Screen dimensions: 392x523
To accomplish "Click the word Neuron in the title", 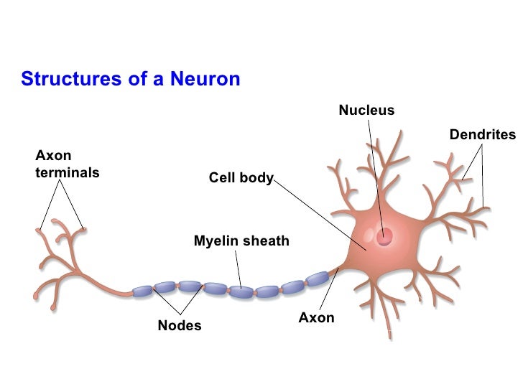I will click(x=204, y=79).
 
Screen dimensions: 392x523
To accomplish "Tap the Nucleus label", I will click(x=366, y=111).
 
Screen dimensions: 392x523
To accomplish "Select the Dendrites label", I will click(x=482, y=134).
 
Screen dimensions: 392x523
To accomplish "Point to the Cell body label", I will click(x=241, y=177).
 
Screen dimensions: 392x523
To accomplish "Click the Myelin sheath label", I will click(x=241, y=241).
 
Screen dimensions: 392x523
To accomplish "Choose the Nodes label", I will click(x=180, y=326).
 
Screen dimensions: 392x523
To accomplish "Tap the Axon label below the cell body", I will click(x=317, y=317).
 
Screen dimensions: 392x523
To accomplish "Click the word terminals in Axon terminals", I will click(x=67, y=173).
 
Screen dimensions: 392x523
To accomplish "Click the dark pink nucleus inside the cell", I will click(x=387, y=235).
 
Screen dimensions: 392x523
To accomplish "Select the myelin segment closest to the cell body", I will click(x=317, y=279).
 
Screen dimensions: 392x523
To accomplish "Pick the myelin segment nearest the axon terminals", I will click(x=143, y=291).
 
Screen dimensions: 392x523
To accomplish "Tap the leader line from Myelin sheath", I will click(x=239, y=269).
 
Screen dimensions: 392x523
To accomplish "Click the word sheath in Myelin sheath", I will click(x=267, y=241).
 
